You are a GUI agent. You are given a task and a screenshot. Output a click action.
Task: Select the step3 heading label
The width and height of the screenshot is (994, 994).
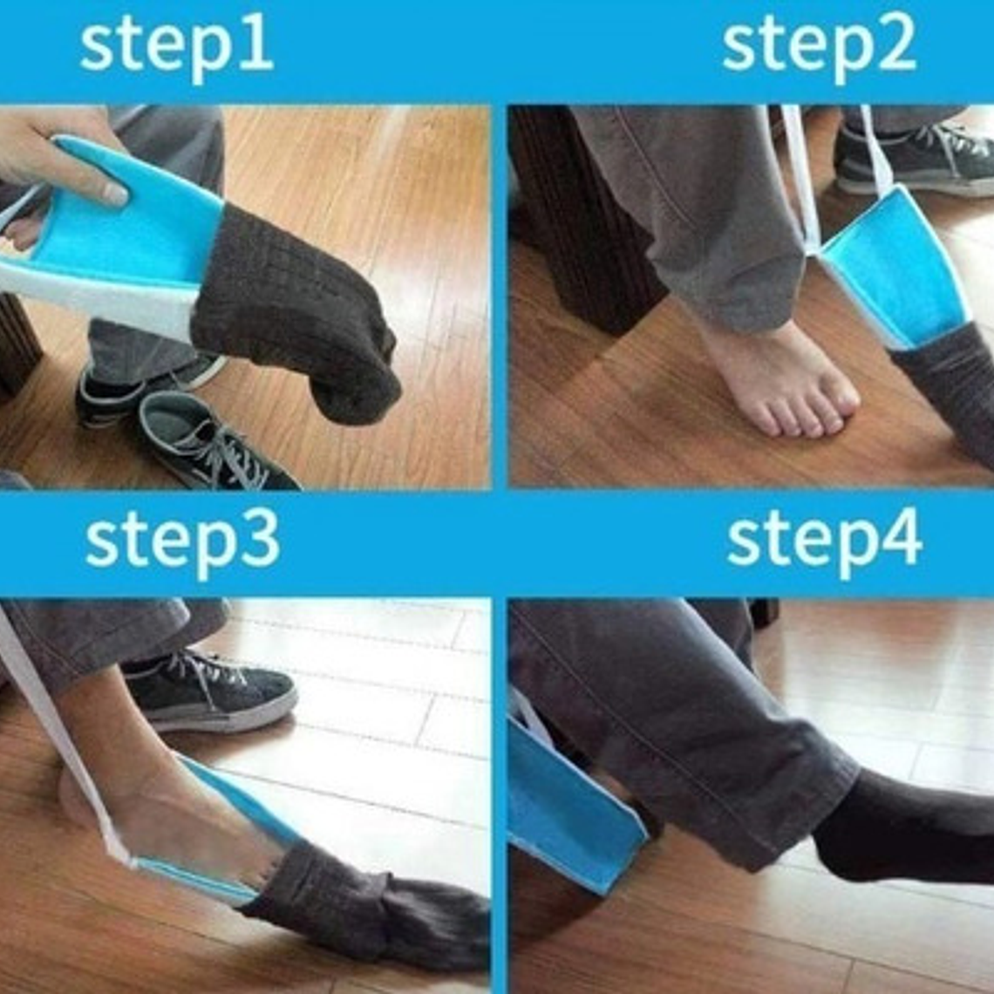tap(182, 542)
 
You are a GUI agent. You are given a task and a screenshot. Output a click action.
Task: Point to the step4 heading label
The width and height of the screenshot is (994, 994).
tap(824, 542)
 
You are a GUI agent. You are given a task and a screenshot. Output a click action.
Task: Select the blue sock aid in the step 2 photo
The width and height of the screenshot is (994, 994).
tap(894, 266)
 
